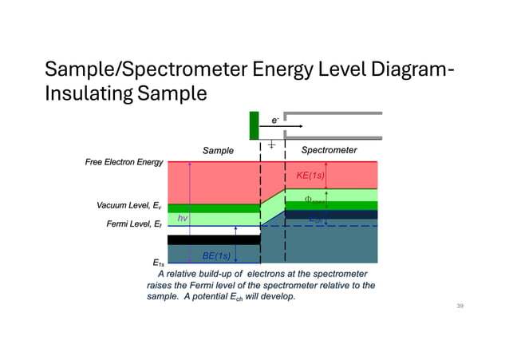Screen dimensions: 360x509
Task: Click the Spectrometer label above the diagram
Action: click(x=329, y=150)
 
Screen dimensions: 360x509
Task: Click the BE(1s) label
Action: click(x=215, y=255)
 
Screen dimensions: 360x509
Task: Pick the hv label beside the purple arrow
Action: click(x=183, y=218)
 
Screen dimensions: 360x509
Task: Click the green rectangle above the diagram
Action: click(x=254, y=125)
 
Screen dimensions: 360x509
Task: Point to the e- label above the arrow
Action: click(x=274, y=120)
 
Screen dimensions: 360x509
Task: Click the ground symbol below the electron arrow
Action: click(x=272, y=144)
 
